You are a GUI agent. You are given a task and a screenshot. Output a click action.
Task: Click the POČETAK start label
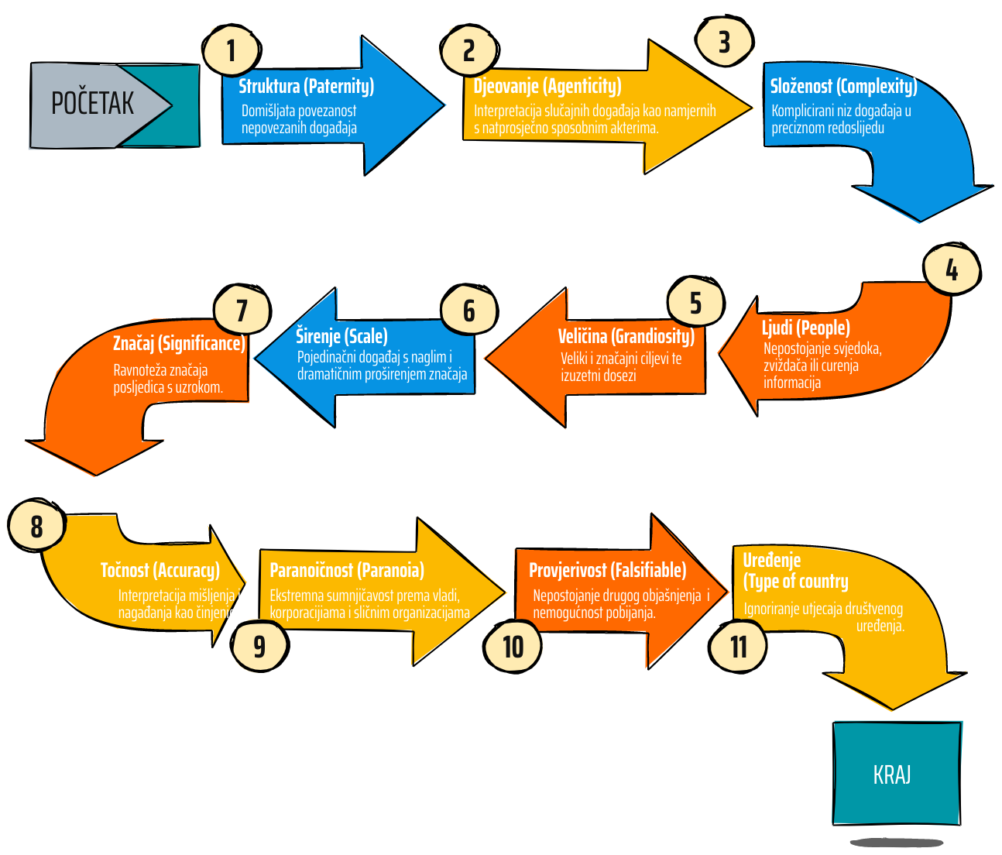pos(92,103)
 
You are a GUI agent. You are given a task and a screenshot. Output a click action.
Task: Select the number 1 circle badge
pos(230,51)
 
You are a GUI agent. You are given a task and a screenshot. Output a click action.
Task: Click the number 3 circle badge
pos(724,42)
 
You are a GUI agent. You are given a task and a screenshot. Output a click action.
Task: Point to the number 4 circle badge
pos(952,270)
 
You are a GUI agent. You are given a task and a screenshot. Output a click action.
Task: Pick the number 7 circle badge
pos(241,311)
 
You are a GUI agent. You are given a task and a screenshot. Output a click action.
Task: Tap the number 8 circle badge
pos(36,527)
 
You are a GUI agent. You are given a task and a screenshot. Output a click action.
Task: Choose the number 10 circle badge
pos(513,647)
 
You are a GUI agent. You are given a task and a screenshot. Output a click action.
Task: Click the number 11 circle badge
pos(739,647)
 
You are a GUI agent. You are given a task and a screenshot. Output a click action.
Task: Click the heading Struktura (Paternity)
pos(306,86)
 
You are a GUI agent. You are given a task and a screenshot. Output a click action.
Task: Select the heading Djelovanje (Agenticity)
pos(547,86)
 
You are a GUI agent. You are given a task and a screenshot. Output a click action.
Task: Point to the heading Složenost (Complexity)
pos(843,86)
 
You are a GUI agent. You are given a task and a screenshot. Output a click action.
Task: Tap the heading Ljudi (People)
pos(805,328)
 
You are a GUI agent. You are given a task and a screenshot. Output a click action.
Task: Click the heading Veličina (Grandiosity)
pos(626,336)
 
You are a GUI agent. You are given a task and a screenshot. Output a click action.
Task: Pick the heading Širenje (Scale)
pos(341,336)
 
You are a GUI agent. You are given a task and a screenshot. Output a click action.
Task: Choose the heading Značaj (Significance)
pos(179,343)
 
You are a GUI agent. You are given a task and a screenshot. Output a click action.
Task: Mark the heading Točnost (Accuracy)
pos(160,571)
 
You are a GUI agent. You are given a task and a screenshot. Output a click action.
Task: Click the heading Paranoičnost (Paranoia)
pos(346,571)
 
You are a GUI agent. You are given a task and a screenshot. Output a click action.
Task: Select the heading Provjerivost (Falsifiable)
pos(607,571)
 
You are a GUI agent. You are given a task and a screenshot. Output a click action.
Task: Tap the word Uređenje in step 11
pos(771,560)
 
